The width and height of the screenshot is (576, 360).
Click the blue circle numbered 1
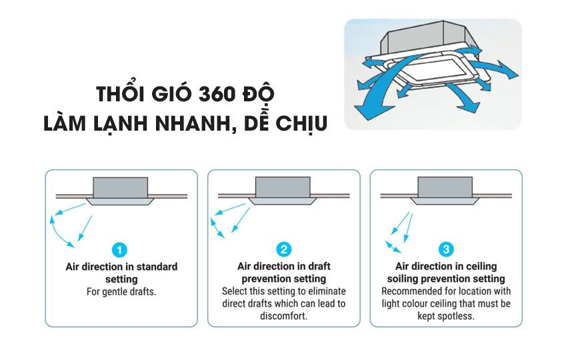click(121, 251)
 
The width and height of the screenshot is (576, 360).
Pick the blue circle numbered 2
click(284, 250)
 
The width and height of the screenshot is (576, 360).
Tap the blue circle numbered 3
click(446, 250)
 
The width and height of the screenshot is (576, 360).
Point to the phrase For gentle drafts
click(121, 292)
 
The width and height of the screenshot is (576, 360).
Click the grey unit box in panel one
click(121, 187)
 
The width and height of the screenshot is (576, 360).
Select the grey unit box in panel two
click(284, 187)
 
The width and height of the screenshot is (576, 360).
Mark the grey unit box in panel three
click(446, 187)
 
